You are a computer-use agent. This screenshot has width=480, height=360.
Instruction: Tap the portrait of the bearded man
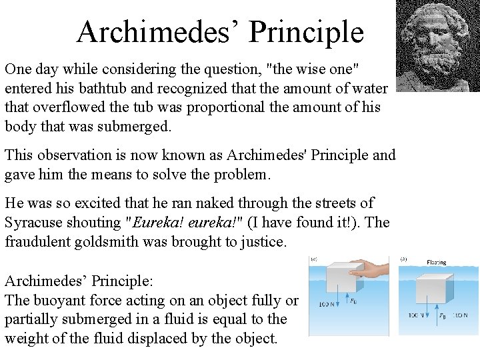(437, 45)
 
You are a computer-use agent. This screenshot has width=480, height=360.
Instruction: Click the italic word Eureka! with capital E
(158, 221)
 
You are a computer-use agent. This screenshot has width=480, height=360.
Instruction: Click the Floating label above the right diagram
(437, 263)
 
